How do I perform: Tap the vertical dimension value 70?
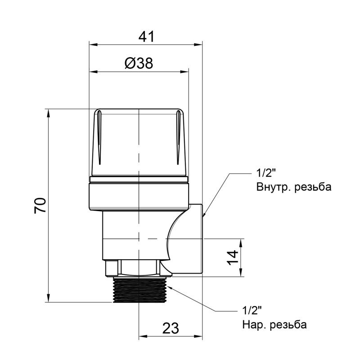coord(40,205)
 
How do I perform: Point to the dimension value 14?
coord(232,257)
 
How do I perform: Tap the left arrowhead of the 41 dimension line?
coord(93,44)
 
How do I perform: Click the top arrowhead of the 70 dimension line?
coord(48,112)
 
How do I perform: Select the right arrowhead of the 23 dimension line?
coord(200,336)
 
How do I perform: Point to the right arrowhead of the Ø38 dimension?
coord(185,71)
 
